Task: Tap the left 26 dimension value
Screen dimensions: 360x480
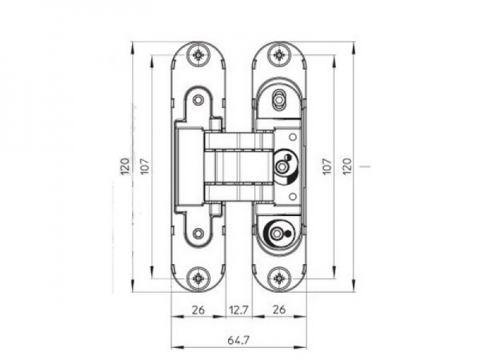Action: click(x=198, y=309)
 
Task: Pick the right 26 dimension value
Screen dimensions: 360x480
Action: click(x=278, y=309)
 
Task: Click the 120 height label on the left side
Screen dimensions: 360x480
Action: click(x=125, y=166)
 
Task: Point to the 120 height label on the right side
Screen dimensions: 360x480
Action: click(x=347, y=166)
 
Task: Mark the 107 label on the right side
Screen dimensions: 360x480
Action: click(x=326, y=166)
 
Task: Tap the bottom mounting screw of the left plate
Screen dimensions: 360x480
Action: click(x=198, y=278)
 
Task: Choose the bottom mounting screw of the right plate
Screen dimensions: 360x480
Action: click(x=278, y=278)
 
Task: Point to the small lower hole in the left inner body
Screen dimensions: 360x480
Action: click(x=198, y=234)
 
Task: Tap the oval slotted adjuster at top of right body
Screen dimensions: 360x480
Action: click(x=278, y=100)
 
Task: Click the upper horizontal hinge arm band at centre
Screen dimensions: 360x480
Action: click(x=239, y=142)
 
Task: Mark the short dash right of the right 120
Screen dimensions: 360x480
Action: click(x=364, y=166)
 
